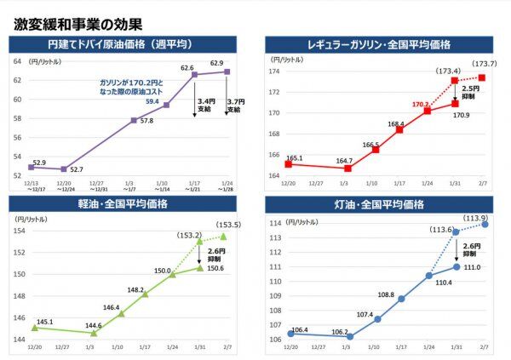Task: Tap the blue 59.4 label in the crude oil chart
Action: click(152, 101)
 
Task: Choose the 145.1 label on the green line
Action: click(44, 322)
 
